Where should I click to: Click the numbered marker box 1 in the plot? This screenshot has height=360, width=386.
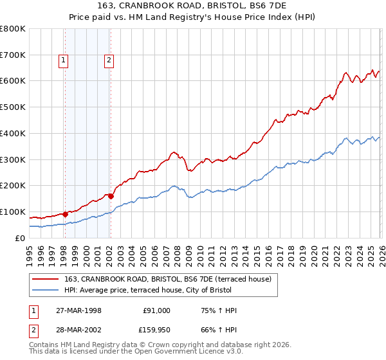click(x=64, y=60)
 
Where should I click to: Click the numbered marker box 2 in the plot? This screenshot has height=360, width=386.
click(x=109, y=60)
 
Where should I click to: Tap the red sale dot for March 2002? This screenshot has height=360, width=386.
click(x=111, y=196)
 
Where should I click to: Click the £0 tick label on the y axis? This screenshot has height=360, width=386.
click(x=21, y=238)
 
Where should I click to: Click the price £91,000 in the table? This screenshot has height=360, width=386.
click(x=157, y=310)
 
